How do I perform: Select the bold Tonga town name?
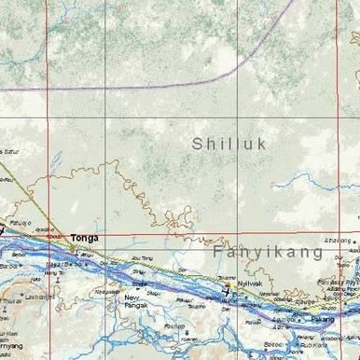[x=84, y=239]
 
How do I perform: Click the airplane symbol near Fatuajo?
[x=4, y=227]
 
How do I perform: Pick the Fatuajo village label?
[x=21, y=223]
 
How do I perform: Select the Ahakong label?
[x=337, y=241]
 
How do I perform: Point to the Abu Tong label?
[x=143, y=258]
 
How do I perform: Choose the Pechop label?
[x=173, y=325]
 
